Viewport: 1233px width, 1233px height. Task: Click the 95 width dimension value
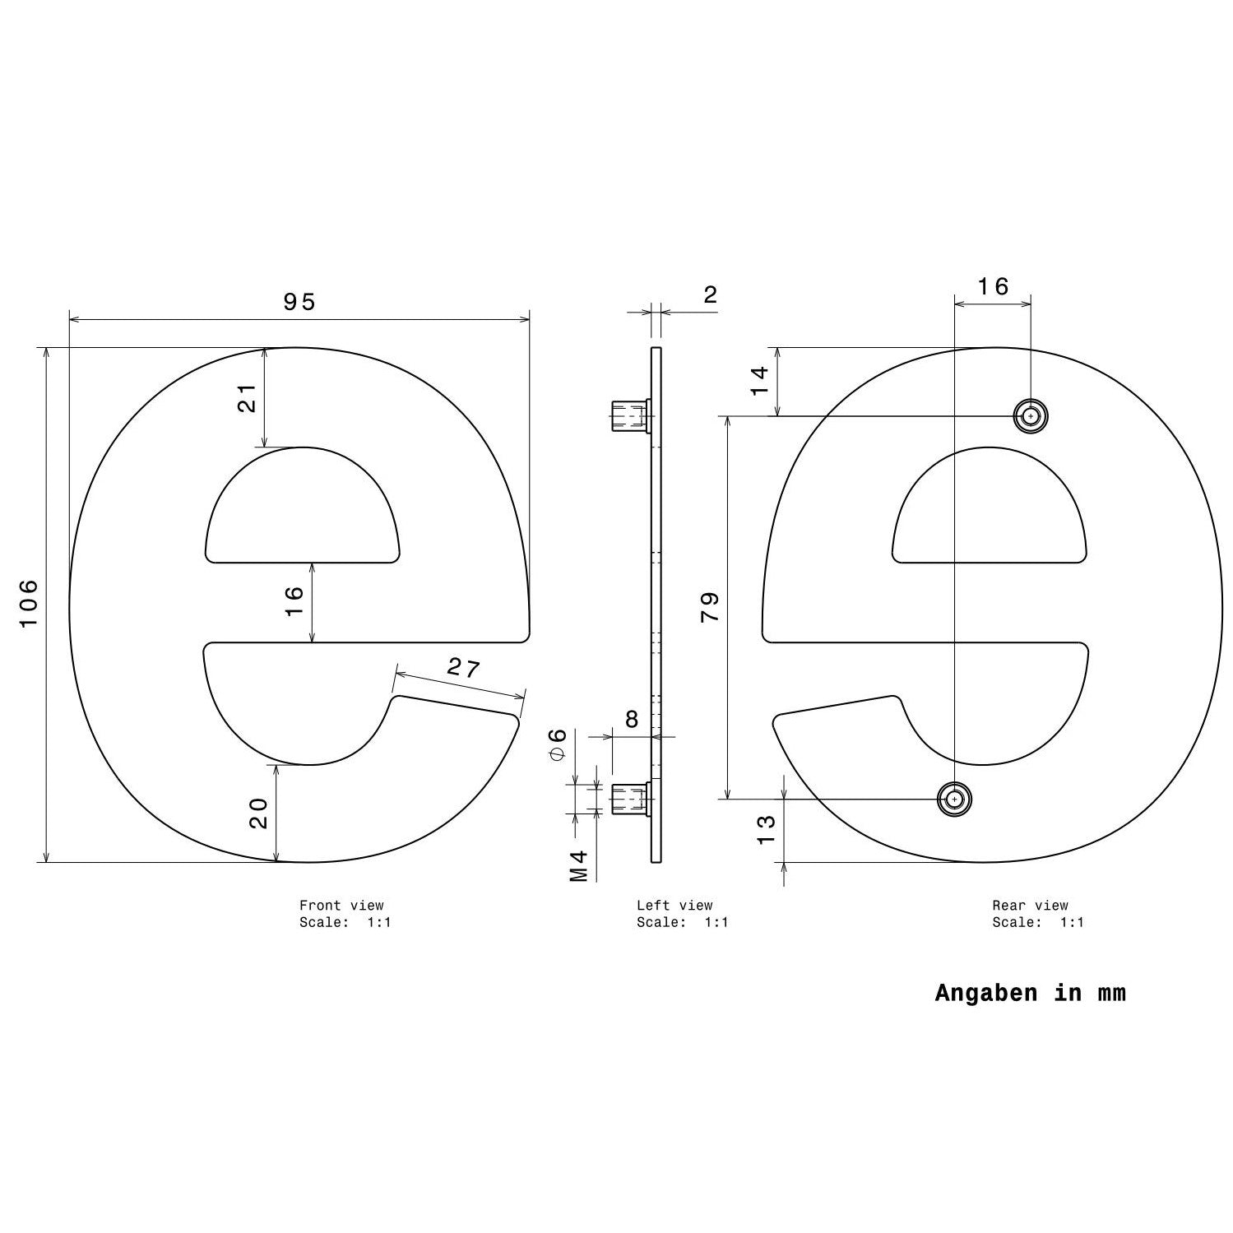[x=299, y=302]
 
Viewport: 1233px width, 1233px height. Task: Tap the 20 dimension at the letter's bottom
[x=258, y=814]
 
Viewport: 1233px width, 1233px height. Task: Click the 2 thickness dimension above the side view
[x=711, y=294]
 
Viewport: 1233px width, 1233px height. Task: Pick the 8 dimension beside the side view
[x=631, y=720]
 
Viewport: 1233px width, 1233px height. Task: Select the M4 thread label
[x=579, y=866]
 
